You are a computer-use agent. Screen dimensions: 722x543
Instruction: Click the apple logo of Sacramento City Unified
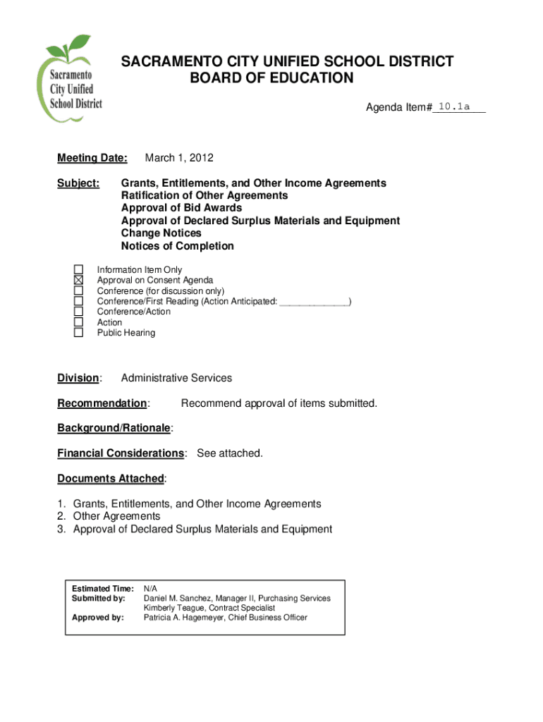(71, 78)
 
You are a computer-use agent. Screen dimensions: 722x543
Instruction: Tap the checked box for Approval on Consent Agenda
(79, 280)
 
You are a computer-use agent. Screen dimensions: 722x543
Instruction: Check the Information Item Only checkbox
(79, 269)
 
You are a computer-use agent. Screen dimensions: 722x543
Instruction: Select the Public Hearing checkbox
(79, 333)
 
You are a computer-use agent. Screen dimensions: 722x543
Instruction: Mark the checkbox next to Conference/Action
(79, 312)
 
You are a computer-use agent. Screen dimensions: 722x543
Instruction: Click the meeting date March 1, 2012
(178, 157)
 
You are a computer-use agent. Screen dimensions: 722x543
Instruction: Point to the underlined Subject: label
(78, 183)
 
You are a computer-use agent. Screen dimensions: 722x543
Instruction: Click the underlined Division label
(78, 378)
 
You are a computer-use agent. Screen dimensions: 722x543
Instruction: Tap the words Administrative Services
(176, 378)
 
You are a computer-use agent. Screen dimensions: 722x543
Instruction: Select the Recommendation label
(102, 403)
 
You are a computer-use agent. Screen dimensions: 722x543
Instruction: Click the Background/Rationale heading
(114, 428)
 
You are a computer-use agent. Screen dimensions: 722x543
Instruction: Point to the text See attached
(230, 453)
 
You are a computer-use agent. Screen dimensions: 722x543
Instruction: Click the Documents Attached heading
(110, 478)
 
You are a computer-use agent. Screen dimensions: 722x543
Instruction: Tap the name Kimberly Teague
(172, 608)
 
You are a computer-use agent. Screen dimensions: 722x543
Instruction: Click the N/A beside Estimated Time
(151, 588)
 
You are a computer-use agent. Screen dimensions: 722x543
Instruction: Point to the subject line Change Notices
(161, 233)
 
